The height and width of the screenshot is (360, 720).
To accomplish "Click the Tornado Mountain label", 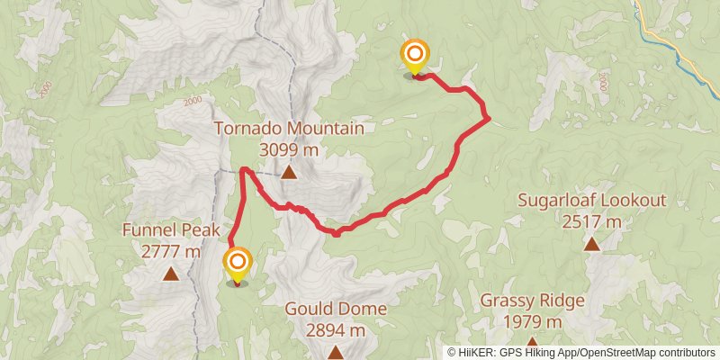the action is [289, 129].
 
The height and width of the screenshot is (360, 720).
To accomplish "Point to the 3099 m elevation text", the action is [289, 149].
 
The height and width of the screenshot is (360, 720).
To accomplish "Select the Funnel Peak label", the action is [171, 231].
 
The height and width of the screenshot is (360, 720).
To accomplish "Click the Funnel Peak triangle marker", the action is [171, 273].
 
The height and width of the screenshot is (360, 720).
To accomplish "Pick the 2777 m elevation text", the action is [171, 252].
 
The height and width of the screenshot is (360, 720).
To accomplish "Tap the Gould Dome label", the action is [336, 310].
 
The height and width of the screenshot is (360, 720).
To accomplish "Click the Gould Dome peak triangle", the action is [336, 352].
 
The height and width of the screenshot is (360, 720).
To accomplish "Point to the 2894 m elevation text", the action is [336, 330].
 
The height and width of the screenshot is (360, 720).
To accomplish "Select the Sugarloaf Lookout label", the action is [591, 200].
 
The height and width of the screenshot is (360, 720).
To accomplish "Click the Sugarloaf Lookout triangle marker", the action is [591, 243].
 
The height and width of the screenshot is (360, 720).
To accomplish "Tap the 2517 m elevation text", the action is [591, 221].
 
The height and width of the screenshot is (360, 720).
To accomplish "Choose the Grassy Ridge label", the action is [533, 301].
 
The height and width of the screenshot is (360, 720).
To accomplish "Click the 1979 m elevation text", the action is [533, 321].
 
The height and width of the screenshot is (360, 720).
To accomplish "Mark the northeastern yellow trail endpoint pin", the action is [414, 57].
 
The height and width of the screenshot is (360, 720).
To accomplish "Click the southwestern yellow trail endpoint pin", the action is [238, 264].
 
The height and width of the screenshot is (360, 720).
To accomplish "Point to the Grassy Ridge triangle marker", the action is [533, 343].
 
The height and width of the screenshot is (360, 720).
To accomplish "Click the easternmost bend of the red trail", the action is [488, 117].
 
